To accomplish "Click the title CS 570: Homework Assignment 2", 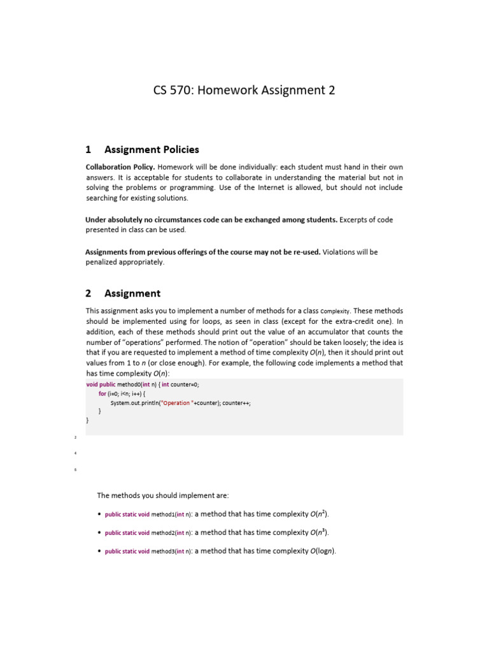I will point(244,91).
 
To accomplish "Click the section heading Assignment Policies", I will point(152,150).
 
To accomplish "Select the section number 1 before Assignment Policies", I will point(89,150).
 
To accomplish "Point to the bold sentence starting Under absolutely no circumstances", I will point(211,219).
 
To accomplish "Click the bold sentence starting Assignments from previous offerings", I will point(202,252).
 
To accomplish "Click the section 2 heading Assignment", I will point(132,293).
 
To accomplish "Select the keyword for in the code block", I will point(102,394).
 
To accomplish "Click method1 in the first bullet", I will point(162,515).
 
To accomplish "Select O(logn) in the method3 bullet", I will point(322,550).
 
